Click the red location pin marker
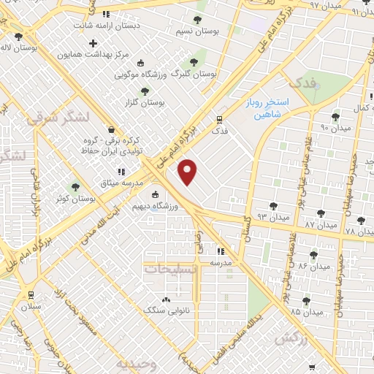click(188, 171)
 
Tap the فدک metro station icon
click(218, 119)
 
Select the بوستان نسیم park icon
click(197, 20)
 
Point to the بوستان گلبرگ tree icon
click(194, 62)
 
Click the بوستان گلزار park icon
click(144, 91)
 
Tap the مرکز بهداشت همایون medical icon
click(93, 43)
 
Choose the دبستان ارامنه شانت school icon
click(106, 13)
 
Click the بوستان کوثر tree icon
click(75, 188)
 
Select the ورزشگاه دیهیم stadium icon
click(154, 194)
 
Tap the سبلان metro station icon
click(29, 294)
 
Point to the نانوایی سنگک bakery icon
click(166, 299)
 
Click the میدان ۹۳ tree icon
click(273, 207)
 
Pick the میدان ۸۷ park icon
click(321, 213)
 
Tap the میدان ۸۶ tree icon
click(313, 255)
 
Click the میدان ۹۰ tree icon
click(336, 116)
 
